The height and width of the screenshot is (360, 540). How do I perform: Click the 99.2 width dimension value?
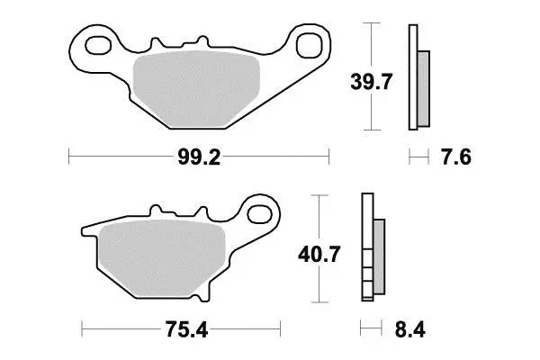coord(199,157)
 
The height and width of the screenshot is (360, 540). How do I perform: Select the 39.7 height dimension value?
coord(371,82)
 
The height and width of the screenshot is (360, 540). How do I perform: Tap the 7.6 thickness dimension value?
coord(456,157)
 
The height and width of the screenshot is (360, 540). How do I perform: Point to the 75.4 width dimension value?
coord(186,329)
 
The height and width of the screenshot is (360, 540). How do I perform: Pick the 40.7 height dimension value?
coord(319,254)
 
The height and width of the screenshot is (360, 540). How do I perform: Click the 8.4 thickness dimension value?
coord(409,329)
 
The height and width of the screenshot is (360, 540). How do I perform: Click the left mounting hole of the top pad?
coord(98,45)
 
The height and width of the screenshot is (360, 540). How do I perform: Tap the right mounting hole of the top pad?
coord(310,45)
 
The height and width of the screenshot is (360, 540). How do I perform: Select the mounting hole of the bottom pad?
coord(260,214)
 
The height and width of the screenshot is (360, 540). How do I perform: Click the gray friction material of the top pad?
coord(196,88)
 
